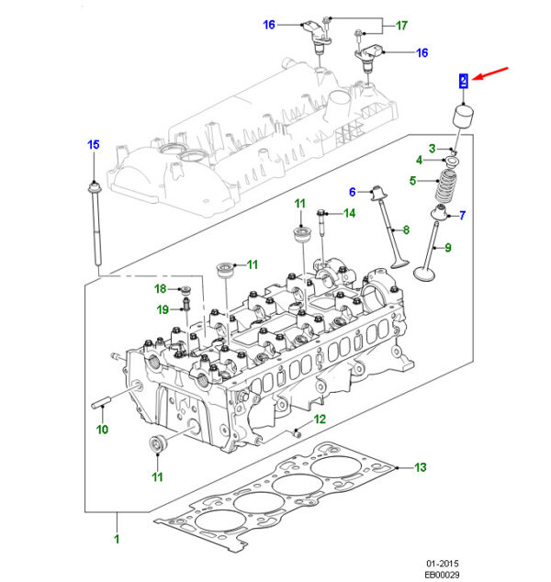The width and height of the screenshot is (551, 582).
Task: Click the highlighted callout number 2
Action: click(463, 81)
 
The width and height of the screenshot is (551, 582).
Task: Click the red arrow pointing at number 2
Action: click(491, 73)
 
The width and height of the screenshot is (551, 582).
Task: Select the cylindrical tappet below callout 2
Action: click(463, 117)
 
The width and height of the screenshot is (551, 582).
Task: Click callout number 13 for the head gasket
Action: click(421, 467)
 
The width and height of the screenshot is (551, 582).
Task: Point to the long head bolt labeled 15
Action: click(96, 223)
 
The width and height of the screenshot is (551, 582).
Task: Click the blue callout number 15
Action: click(94, 144)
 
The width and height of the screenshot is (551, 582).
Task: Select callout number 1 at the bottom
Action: click(117, 539)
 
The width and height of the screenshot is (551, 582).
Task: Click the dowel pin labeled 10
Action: click(101, 403)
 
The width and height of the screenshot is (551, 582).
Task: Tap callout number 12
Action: click(320, 419)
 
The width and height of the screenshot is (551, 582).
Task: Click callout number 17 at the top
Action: click(401, 25)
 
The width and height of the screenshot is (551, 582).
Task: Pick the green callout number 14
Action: click(349, 213)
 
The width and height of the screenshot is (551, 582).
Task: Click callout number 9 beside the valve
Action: click(448, 248)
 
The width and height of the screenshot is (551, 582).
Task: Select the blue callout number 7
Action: click(462, 216)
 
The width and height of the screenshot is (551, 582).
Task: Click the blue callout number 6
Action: click(353, 192)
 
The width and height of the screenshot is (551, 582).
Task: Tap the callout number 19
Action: click(163, 309)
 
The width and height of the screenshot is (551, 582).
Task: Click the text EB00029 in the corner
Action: click(442, 575)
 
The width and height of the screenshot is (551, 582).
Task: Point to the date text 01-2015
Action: click(443, 564)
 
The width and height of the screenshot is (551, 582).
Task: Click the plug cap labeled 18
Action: click(185, 289)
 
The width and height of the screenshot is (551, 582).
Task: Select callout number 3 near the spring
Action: click(432, 149)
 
